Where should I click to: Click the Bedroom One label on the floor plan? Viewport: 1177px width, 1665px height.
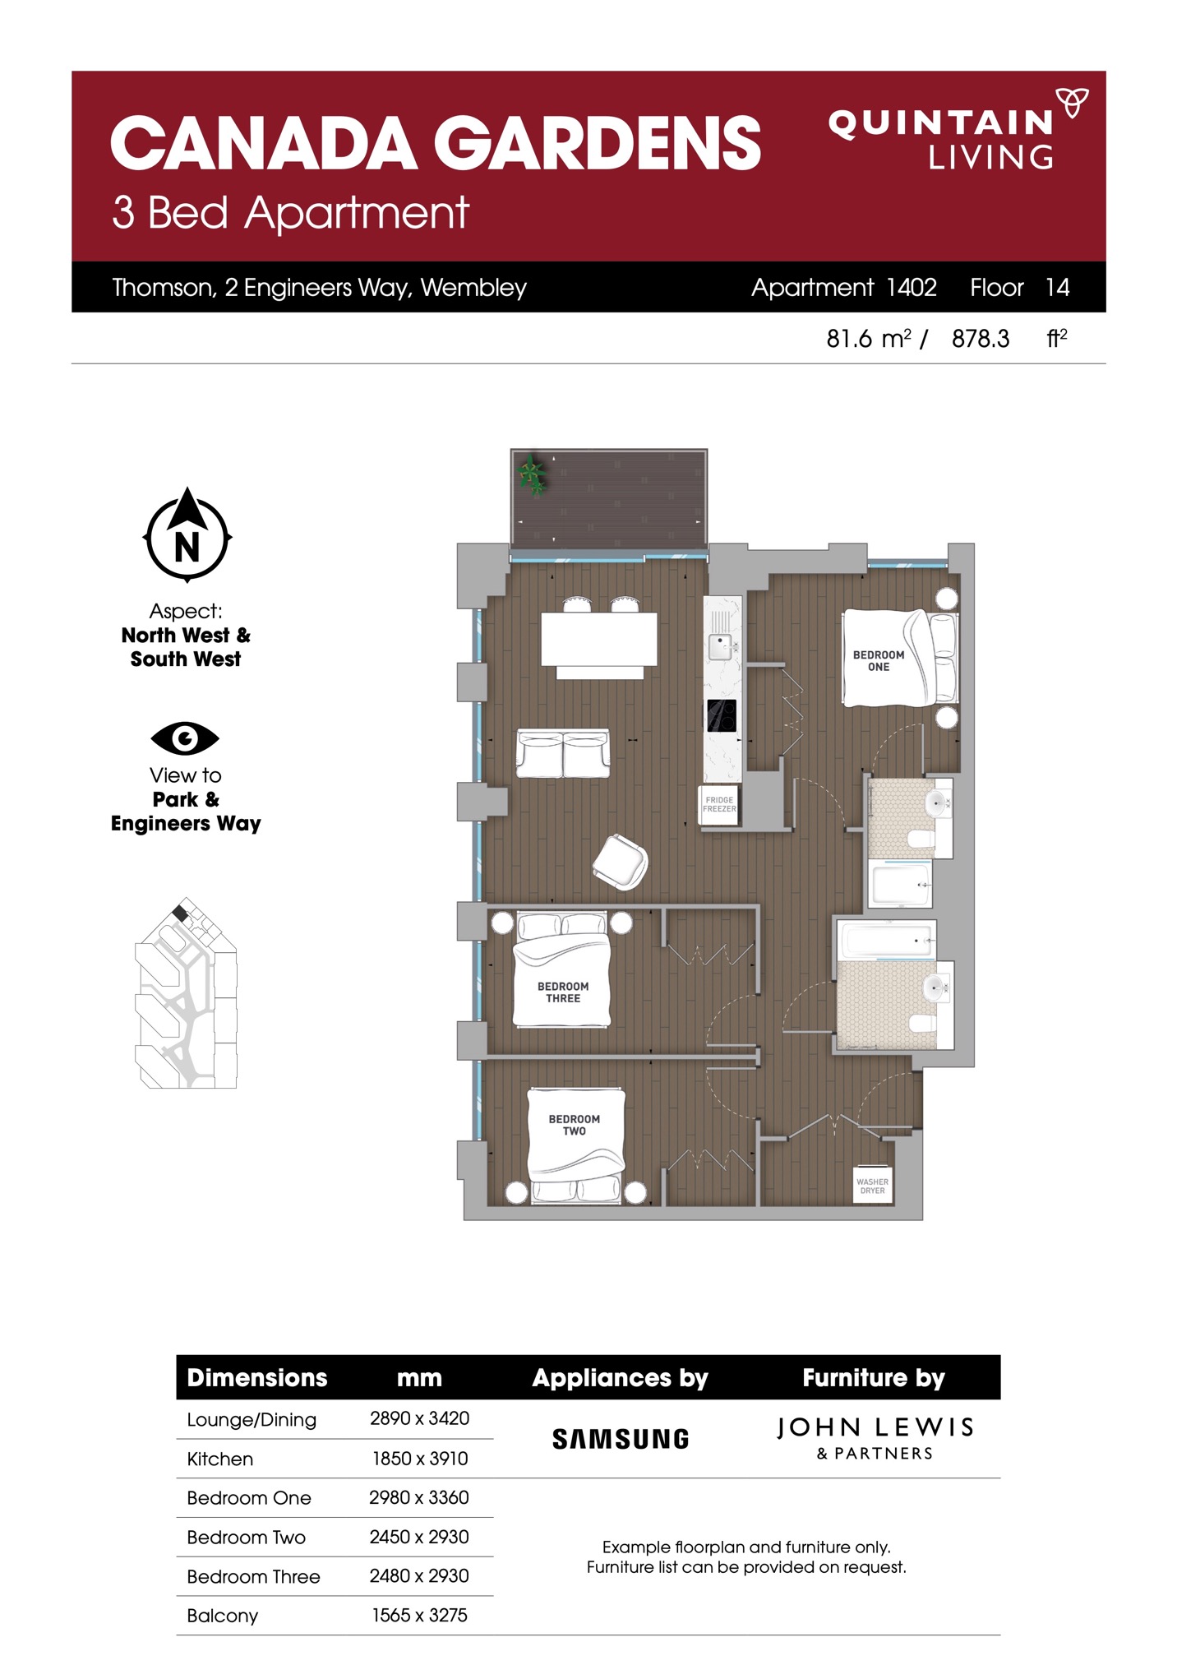[878, 661]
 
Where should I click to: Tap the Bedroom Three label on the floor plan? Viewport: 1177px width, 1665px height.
[563, 992]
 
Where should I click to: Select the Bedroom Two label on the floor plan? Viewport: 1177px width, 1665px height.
[574, 1125]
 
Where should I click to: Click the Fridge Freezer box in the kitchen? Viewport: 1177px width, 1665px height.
[719, 805]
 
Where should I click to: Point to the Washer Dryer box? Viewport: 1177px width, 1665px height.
[872, 1186]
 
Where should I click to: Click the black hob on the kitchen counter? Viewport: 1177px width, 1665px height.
[722, 715]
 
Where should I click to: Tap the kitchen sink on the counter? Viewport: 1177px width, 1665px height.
[720, 646]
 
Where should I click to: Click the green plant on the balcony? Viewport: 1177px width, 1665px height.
[532, 474]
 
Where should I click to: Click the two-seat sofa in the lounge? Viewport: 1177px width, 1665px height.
[563, 753]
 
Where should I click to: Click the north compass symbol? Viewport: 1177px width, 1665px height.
[187, 534]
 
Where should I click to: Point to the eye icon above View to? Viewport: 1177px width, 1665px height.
[185, 738]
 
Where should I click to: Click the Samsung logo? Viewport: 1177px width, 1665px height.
[621, 1439]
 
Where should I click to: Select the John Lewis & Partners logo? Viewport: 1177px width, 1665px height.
[875, 1438]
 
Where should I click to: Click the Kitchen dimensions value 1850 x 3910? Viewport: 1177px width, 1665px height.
[420, 1459]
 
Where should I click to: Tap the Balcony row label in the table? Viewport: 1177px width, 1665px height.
[222, 1616]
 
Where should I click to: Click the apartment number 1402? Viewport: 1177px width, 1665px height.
[912, 287]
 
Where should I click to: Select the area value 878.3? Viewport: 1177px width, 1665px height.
[981, 339]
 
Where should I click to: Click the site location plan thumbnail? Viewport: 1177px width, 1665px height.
[186, 992]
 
